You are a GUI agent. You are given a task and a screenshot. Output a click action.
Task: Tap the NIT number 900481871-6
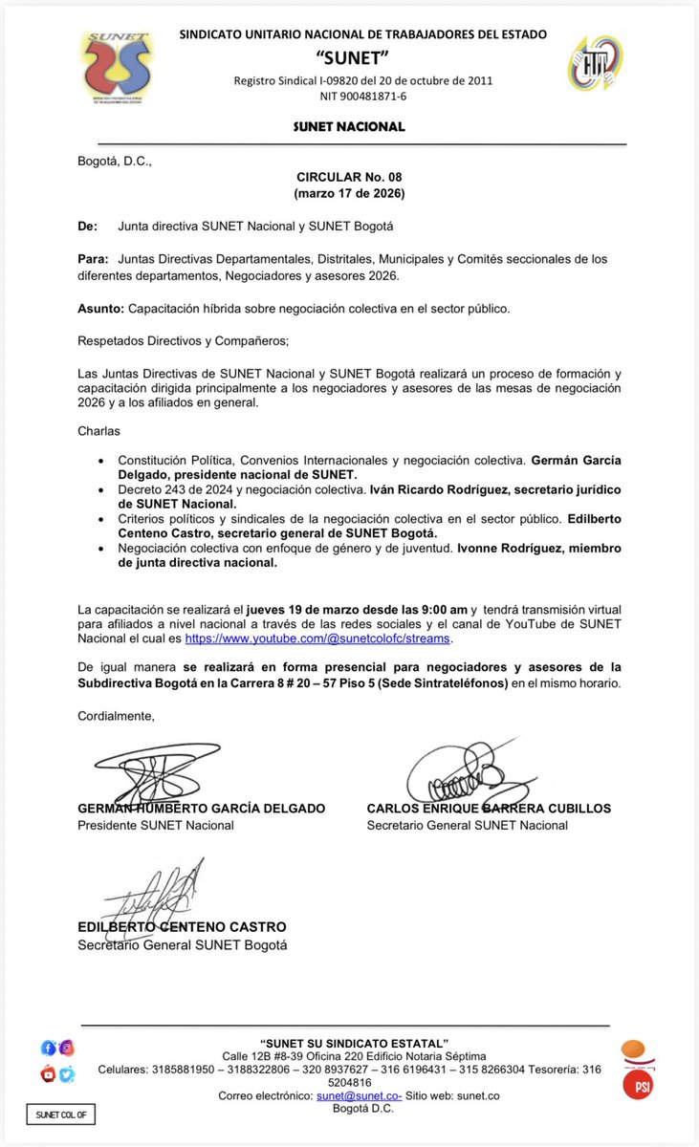point(362,96)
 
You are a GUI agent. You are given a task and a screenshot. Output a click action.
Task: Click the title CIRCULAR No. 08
point(349,178)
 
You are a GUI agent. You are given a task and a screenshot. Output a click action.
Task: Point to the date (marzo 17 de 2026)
point(349,194)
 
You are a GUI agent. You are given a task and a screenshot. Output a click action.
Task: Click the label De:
point(87,227)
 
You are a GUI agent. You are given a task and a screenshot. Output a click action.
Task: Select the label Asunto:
point(99,309)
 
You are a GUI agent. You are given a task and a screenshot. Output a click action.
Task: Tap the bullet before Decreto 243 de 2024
point(101,489)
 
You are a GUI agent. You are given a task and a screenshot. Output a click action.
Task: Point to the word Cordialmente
point(116,715)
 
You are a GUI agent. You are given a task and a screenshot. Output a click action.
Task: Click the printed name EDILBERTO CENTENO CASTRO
point(182,927)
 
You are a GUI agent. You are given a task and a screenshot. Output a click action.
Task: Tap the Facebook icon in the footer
point(49,1048)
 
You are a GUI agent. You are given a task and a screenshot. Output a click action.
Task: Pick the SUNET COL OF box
point(60,1115)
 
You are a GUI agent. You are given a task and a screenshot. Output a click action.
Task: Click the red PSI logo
point(638,1084)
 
